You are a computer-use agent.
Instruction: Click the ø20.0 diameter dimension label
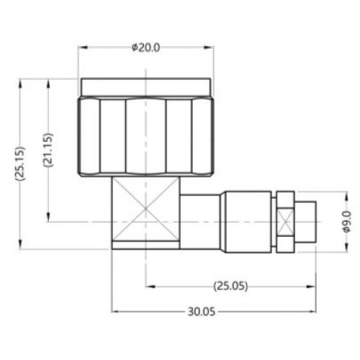145,48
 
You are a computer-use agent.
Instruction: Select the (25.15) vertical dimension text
20,163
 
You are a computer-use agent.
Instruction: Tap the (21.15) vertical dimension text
48,150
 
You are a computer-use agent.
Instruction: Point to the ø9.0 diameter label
347,221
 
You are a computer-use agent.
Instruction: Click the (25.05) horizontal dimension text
230,286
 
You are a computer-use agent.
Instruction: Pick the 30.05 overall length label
202,312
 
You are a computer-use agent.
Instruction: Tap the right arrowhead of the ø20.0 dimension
209,48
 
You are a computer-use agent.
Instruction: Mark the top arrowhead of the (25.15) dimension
20,84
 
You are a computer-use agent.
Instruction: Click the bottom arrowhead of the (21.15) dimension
48,217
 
